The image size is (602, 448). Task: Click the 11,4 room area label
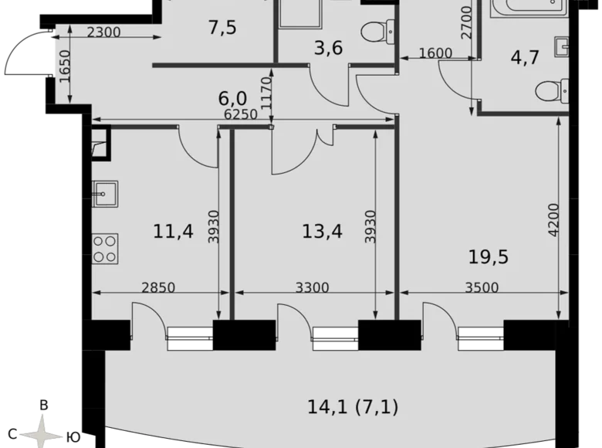pyautogui.click(x=173, y=232)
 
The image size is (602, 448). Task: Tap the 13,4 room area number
pyautogui.click(x=322, y=232)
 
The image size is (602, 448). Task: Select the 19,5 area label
pyautogui.click(x=489, y=257)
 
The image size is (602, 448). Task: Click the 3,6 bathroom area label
pyautogui.click(x=328, y=49)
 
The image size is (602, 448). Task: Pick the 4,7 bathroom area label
pyautogui.click(x=526, y=58)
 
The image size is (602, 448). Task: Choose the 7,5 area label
pyautogui.click(x=222, y=28)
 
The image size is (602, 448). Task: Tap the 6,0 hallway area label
pyautogui.click(x=232, y=99)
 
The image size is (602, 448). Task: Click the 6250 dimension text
pyautogui.click(x=241, y=114)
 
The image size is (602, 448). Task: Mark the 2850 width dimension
pyautogui.click(x=158, y=287)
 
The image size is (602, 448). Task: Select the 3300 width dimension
pyautogui.click(x=312, y=287)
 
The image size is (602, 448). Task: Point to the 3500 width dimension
pyautogui.click(x=482, y=287)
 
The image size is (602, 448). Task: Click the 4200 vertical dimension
pyautogui.click(x=553, y=220)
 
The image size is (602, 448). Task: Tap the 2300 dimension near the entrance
pyautogui.click(x=103, y=32)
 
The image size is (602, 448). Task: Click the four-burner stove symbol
pyautogui.click(x=105, y=249)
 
